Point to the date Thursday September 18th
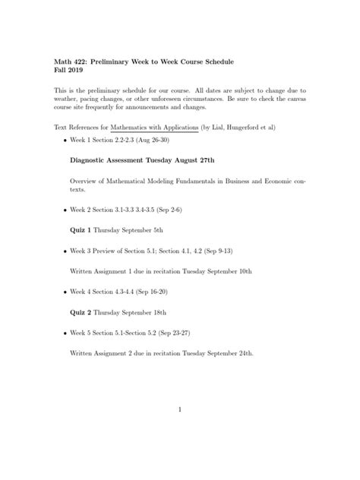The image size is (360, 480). (127, 311)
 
